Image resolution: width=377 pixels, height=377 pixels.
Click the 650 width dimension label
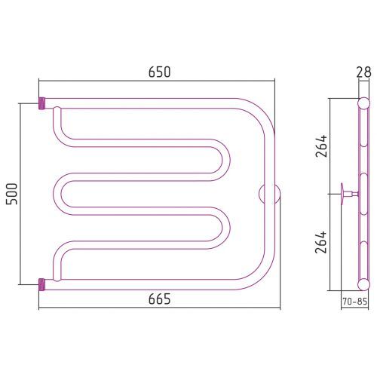(159, 72)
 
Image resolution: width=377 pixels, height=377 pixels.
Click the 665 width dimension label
(159, 299)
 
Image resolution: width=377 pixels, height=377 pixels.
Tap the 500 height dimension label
(12, 194)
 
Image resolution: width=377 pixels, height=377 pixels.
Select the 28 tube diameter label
(363, 72)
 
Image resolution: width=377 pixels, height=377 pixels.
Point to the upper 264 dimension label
(321, 146)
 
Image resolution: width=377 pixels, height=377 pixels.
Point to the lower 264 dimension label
(321, 242)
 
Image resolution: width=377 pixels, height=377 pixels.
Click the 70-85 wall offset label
(354, 302)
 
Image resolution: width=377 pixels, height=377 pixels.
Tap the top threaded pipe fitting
(41, 103)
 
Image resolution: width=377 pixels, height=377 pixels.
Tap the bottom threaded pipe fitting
(41, 285)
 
